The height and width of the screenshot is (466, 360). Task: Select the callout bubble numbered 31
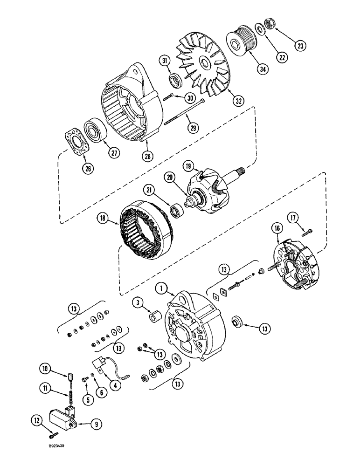coord(164,60)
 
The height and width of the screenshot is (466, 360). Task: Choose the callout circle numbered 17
coord(306,218)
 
